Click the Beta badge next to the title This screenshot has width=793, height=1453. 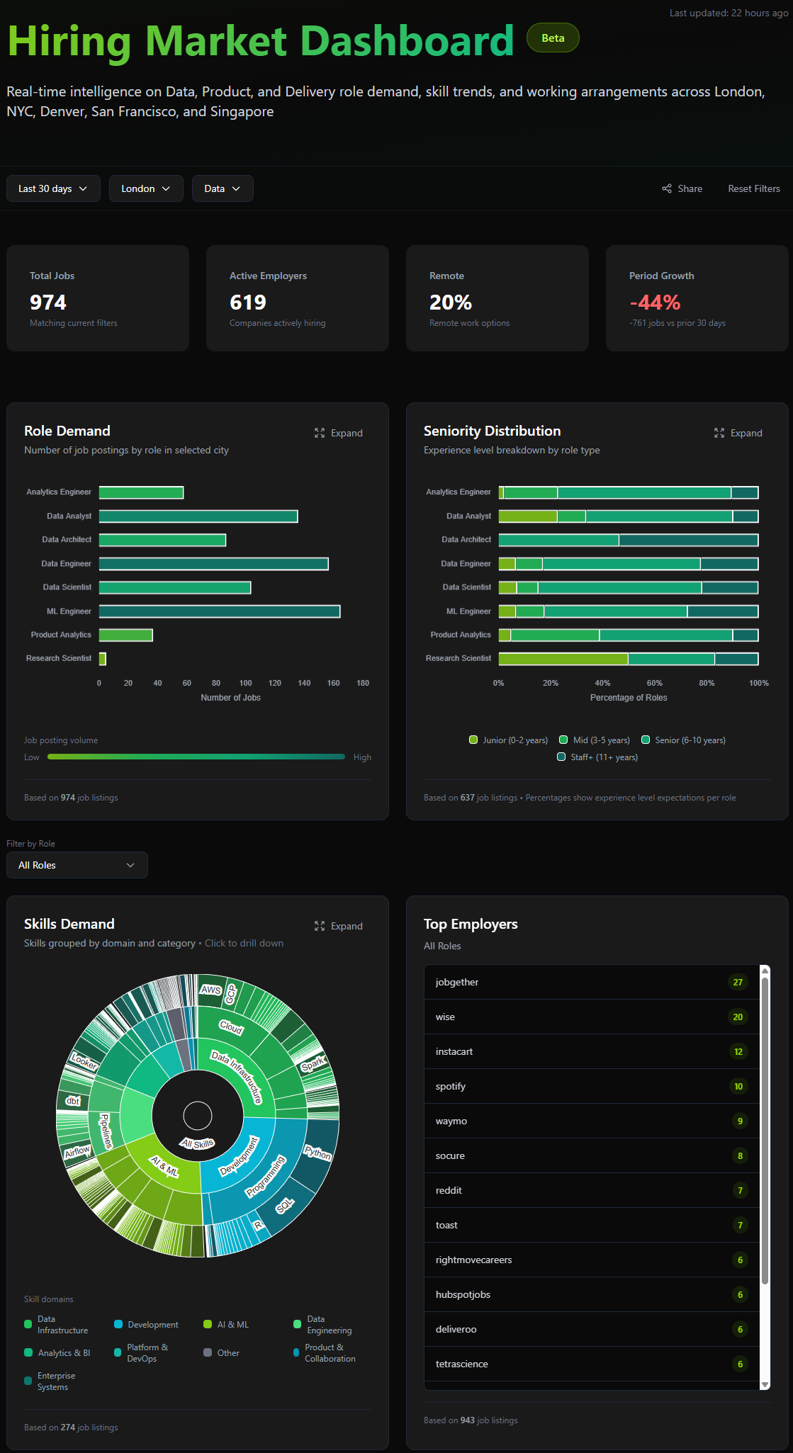click(553, 38)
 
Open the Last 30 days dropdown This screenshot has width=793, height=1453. click(53, 188)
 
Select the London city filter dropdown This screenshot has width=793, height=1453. click(146, 188)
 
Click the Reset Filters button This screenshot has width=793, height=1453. click(753, 188)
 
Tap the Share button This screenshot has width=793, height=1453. click(682, 188)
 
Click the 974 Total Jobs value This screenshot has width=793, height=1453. click(48, 303)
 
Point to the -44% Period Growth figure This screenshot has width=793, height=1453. click(655, 303)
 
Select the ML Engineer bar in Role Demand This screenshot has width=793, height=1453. click(220, 611)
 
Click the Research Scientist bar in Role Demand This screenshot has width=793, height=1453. click(103, 659)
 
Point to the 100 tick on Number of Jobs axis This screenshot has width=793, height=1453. click(245, 683)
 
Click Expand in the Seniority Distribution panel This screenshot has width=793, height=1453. click(738, 433)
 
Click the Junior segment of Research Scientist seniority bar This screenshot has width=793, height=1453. click(563, 659)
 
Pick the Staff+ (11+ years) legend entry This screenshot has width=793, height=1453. click(597, 757)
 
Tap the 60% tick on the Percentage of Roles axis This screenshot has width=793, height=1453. click(654, 683)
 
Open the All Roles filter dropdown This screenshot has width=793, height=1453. click(77, 865)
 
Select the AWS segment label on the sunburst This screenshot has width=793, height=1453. click(210, 990)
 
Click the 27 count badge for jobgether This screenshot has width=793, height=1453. click(738, 982)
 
